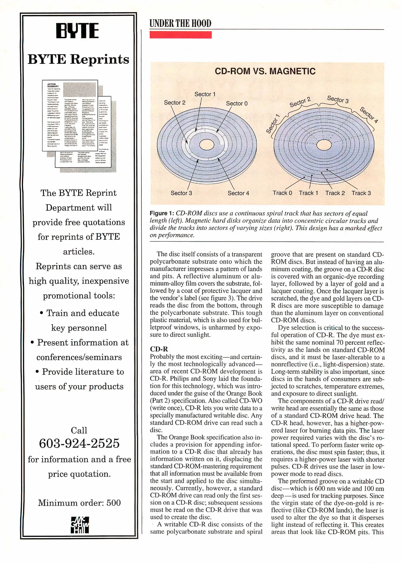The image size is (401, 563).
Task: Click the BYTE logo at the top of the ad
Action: click(77, 30)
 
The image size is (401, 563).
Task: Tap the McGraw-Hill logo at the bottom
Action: click(80, 525)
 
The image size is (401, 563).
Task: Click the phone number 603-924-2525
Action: click(79, 443)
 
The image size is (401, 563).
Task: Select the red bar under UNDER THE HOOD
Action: click(180, 35)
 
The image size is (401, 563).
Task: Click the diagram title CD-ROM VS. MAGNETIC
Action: click(265, 71)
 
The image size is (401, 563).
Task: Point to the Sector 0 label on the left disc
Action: click(237, 103)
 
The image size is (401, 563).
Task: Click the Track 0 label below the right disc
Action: click(282, 193)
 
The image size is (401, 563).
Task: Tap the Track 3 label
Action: click(361, 193)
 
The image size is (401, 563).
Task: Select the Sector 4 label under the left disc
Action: click(238, 193)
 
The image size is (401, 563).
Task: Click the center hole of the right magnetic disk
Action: click(324, 145)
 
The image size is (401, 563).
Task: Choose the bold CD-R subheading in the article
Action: click(159, 349)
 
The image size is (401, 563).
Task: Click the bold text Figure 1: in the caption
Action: click(162, 213)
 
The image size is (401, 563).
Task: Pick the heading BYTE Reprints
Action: click(78, 59)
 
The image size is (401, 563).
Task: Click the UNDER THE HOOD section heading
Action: click(180, 23)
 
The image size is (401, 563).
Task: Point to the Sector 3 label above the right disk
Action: click(338, 99)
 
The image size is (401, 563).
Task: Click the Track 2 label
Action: click(335, 193)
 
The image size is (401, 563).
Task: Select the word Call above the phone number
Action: click(79, 430)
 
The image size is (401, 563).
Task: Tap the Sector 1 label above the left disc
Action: click(205, 94)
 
